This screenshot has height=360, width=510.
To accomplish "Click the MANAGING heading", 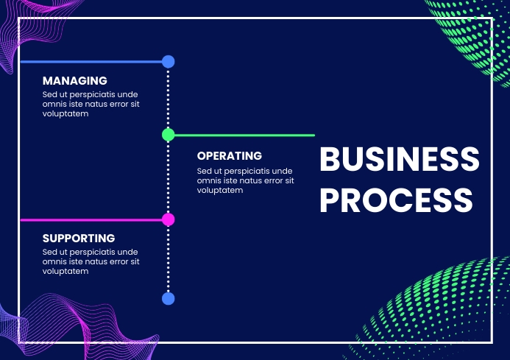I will point(75,80).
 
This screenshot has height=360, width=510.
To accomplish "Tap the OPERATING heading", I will point(230,156).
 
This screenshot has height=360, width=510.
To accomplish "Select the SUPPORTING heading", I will point(79,239).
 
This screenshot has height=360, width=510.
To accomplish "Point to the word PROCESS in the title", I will point(396,200).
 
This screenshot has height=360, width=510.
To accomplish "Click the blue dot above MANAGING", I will point(168,62).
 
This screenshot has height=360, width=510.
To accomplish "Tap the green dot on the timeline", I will point(168,135).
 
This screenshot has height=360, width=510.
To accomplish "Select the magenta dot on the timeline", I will point(168,219).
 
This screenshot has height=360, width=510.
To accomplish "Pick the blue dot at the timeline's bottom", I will point(168,298).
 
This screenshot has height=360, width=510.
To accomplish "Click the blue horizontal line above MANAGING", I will point(88,62).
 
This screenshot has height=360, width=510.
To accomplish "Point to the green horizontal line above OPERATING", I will point(243,135).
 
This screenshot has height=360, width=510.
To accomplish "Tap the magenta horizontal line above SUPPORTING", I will point(88,219).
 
